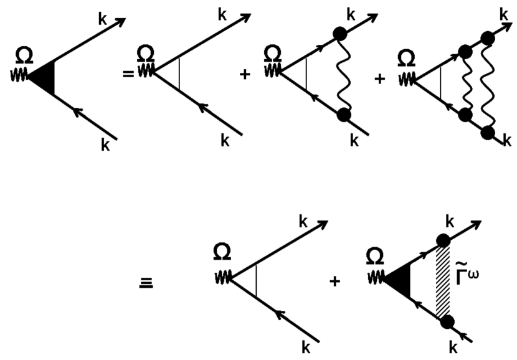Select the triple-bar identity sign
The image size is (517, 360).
point(146,282)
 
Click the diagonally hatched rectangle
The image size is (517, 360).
point(441,281)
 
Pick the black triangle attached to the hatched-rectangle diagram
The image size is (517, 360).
point(394,282)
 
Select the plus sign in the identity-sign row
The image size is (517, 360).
point(335,282)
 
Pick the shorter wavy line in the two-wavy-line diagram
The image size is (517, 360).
point(464,81)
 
